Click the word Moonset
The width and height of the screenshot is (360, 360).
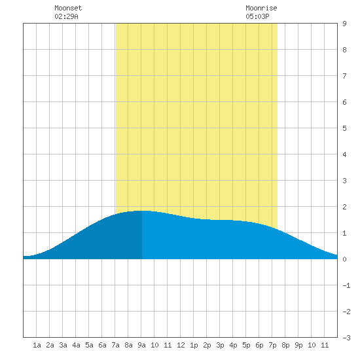point(68,8)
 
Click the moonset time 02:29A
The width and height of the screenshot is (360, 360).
point(66,16)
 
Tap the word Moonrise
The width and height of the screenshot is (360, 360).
point(261,8)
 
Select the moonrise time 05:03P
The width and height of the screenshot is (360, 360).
point(257,16)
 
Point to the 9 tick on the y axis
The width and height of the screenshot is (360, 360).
point(344,24)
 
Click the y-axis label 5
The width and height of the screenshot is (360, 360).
point(344,128)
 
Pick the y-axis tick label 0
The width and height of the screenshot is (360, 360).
point(344,259)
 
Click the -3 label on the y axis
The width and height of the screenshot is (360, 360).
point(346,338)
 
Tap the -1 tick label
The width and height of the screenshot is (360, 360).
point(346,285)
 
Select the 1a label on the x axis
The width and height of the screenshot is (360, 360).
point(37,345)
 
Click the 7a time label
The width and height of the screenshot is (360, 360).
point(115,345)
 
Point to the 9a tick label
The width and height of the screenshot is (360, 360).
point(141,345)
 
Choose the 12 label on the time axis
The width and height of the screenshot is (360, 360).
point(181,345)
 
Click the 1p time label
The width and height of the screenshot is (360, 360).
point(194,345)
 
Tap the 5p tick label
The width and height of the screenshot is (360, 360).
point(246,345)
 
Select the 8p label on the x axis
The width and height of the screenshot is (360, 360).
point(285,345)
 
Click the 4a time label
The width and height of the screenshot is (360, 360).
point(76,345)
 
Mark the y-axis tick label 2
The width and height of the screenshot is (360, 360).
point(344,207)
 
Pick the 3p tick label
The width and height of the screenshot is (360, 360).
point(220,345)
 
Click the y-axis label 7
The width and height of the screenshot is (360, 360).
point(344,76)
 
